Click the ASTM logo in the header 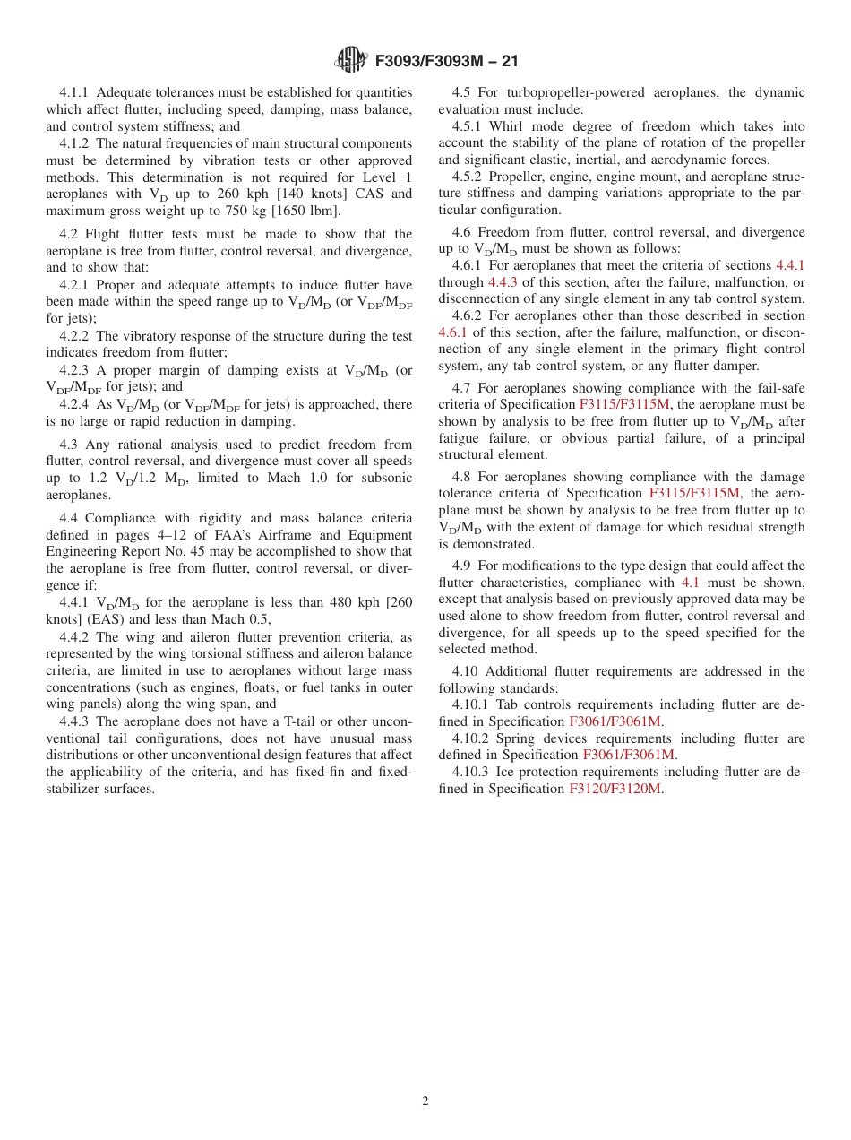coord(350,60)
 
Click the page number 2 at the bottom coord(425,1101)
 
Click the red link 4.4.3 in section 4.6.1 coord(502,281)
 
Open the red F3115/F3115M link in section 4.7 coord(624,404)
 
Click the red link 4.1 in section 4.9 coord(690,583)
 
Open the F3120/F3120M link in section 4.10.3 coord(615,789)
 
